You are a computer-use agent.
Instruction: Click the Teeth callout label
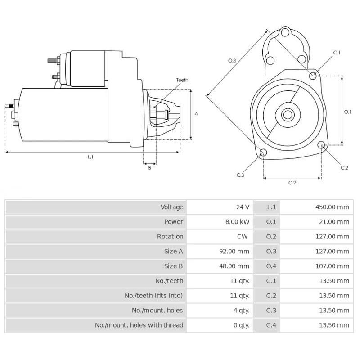coord(182,80)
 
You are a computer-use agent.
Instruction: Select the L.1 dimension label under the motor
coord(90,157)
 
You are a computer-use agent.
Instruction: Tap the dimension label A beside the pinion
coord(196,114)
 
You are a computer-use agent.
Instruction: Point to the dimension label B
coord(150,168)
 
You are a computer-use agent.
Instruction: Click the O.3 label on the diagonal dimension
coord(232,60)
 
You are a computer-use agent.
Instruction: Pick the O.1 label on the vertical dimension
coord(347,112)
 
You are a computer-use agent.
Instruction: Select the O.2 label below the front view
coord(292,183)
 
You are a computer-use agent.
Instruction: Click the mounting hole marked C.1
coord(313,76)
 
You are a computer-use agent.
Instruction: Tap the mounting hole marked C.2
coord(321,145)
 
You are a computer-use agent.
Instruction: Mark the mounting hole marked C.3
coord(263,153)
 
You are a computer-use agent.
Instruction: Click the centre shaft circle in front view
coord(287,115)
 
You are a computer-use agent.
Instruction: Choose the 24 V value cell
coord(243,207)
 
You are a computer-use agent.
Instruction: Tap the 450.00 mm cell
coord(332,207)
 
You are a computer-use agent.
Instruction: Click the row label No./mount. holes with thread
coord(139,325)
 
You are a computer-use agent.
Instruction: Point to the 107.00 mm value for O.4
coord(332,266)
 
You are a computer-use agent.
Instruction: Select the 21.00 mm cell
coord(333,222)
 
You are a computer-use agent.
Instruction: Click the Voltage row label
coord(172,207)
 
